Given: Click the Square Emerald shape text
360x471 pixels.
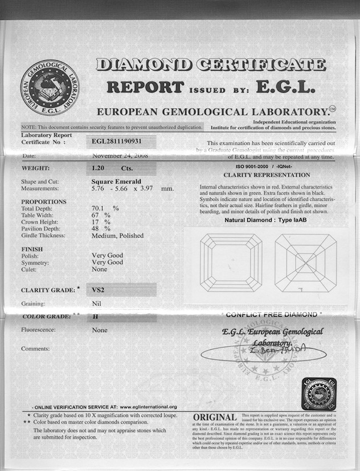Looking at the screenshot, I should click(x=113, y=182).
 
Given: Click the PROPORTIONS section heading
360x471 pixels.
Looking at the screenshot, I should click(x=43, y=202).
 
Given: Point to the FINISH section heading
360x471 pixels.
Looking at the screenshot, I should click(x=32, y=249).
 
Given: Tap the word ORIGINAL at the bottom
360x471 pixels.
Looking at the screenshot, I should click(x=215, y=418).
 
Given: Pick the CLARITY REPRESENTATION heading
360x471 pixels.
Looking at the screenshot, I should click(x=267, y=175).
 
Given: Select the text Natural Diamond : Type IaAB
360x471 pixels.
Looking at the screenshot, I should click(x=265, y=220).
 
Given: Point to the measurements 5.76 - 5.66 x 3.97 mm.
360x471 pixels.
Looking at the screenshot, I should click(x=133, y=189).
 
